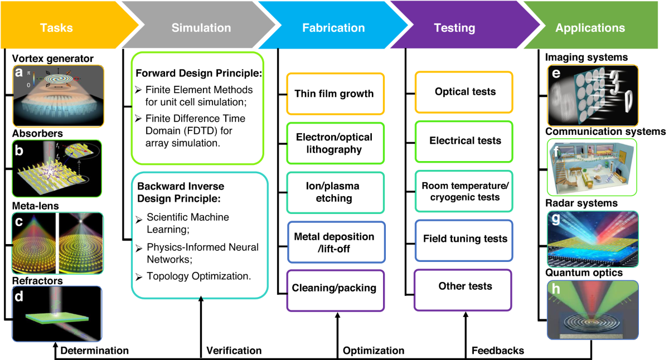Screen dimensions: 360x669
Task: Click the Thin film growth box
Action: (334, 93)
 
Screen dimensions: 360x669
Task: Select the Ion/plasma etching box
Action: (334, 192)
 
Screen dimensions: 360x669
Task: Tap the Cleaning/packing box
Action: (334, 289)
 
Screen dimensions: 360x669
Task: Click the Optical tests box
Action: (465, 91)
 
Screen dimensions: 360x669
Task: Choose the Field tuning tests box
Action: (465, 239)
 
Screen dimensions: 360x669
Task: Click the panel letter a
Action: (18, 72)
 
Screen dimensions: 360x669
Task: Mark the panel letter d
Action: (19, 298)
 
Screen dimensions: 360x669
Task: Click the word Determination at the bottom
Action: (94, 351)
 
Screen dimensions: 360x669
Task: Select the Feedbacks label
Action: (498, 351)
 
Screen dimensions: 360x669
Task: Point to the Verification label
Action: (234, 351)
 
